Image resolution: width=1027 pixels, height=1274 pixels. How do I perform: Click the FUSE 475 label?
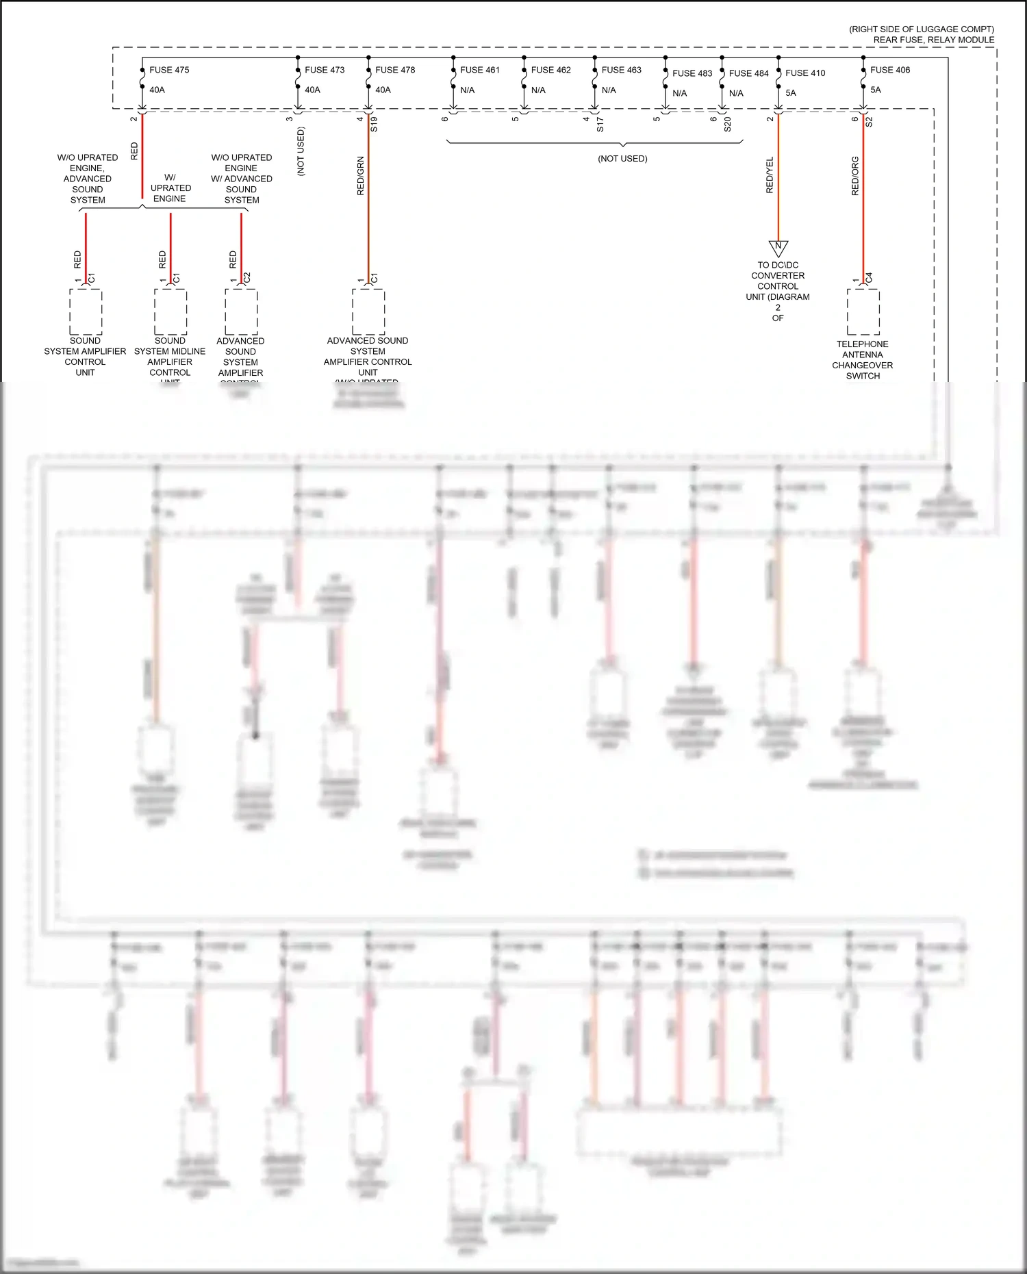pos(169,70)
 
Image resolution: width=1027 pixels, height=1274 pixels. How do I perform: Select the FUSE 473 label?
pos(325,70)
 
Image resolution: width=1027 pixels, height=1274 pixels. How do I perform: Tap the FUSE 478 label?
pos(395,70)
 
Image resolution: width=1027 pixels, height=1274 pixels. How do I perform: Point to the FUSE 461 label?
pos(480,70)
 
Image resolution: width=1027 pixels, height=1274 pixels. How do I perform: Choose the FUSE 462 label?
pos(550,70)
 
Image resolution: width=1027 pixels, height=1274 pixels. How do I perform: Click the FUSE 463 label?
pos(622,70)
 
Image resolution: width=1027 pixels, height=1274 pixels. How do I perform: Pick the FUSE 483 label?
pos(692,73)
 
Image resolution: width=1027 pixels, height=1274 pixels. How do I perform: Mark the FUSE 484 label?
pos(748,73)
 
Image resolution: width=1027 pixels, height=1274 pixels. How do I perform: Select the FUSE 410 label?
pos(805,73)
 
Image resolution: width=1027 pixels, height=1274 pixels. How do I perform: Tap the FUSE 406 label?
pos(890,70)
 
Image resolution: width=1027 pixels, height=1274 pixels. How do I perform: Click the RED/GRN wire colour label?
pos(361,176)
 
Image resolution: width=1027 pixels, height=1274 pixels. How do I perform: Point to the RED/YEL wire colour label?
pos(770,175)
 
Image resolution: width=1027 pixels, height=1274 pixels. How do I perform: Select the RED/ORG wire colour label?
pos(855,176)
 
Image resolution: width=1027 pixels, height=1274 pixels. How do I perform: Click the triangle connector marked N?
pos(778,247)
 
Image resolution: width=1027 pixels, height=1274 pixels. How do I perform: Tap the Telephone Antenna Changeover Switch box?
pos(863,311)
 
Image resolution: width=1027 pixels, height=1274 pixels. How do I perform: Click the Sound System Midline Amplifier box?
pos(170,311)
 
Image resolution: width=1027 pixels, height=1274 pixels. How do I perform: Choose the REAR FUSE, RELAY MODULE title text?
pos(933,40)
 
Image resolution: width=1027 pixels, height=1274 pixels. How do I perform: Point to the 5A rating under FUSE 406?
pos(876,90)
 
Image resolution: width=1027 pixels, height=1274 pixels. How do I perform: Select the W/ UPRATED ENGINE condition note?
pos(170,188)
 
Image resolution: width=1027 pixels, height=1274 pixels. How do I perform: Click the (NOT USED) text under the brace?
pos(622,158)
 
